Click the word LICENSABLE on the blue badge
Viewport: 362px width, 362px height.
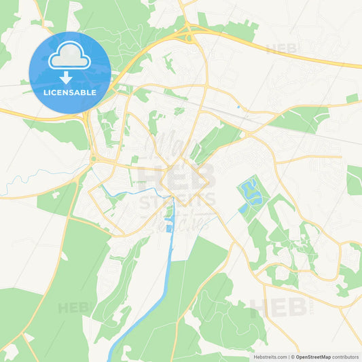tap(69, 92)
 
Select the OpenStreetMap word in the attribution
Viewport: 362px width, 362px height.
tap(313, 357)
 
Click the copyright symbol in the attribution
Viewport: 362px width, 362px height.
tap(293, 357)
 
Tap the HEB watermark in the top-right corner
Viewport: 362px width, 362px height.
tap(281, 49)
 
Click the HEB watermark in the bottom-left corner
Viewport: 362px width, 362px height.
tap(73, 308)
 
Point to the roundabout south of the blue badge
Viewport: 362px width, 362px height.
tap(92, 159)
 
